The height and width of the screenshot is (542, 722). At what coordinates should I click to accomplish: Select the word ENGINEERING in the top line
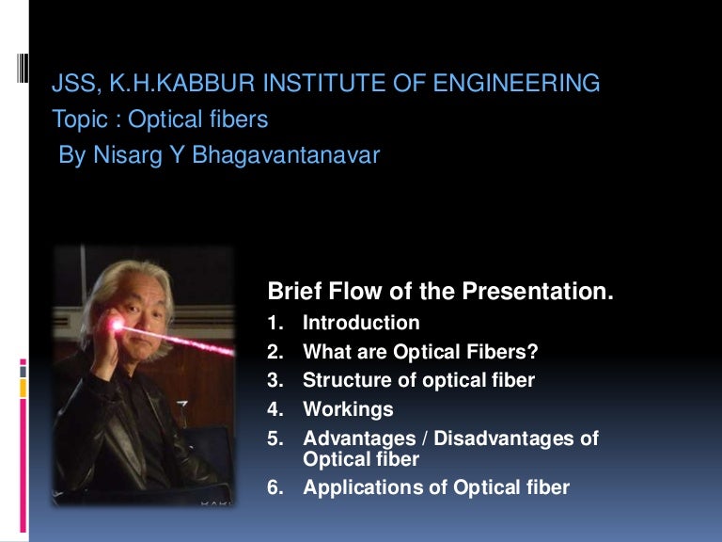(x=516, y=83)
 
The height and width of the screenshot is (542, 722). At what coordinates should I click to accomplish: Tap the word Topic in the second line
(x=80, y=120)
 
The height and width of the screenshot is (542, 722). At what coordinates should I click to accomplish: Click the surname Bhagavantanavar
(x=286, y=154)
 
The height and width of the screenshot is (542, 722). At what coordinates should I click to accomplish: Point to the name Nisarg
(x=128, y=155)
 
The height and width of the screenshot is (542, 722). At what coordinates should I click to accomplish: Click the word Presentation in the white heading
(x=538, y=291)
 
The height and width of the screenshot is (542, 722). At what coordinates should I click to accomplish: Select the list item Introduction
(x=361, y=323)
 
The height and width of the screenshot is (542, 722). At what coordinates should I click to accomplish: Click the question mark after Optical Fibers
(x=533, y=351)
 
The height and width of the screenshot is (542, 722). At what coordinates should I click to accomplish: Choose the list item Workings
(x=348, y=409)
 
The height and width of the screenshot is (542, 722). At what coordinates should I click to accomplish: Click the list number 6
(x=275, y=487)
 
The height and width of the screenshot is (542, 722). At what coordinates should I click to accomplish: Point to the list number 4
(x=275, y=409)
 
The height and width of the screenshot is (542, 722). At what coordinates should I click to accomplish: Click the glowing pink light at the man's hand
(x=116, y=326)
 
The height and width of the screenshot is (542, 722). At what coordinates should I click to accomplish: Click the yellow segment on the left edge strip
(x=23, y=388)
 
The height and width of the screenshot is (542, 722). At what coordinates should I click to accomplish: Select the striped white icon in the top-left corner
(x=23, y=68)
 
